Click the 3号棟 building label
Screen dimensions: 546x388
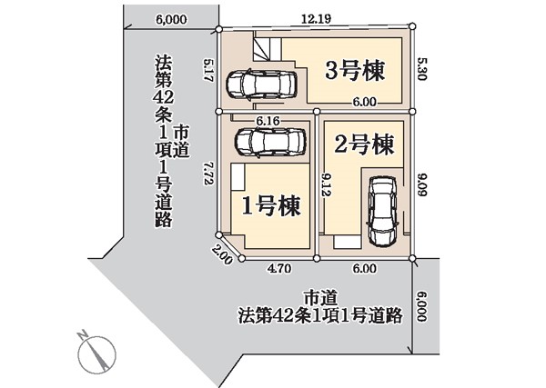(355, 71)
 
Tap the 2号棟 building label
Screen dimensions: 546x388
(364, 144)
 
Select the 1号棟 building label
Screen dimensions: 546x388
(271, 206)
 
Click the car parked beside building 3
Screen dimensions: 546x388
(261, 85)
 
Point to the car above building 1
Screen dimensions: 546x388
(270, 142)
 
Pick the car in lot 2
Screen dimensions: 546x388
(382, 211)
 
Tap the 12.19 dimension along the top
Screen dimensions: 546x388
(316, 18)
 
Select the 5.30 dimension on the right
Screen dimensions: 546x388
(421, 69)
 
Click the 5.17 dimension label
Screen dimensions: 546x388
(209, 70)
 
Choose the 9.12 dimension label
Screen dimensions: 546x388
(326, 185)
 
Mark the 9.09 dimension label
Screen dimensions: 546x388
(421, 185)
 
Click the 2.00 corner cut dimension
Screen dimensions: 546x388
(222, 255)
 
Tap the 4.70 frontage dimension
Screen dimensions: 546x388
(279, 269)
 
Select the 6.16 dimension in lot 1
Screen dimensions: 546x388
(268, 121)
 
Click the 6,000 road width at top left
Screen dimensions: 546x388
(171, 19)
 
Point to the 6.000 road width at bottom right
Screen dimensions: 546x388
(421, 306)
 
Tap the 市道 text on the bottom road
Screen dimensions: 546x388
(320, 298)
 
